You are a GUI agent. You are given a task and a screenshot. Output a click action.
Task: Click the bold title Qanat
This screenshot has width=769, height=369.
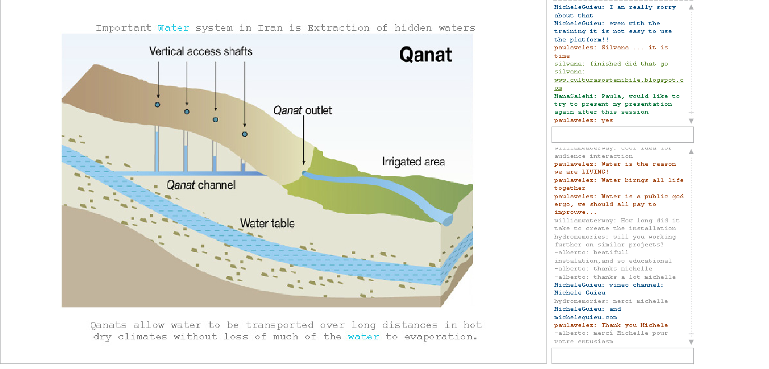pyautogui.click(x=425, y=54)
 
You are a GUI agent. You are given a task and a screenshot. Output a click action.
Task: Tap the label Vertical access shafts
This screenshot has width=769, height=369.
pyautogui.click(x=201, y=52)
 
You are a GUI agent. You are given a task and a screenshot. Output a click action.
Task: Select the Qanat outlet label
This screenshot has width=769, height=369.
pyautogui.click(x=303, y=110)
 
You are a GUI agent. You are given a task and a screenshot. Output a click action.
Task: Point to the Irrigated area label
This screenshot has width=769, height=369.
pyautogui.click(x=413, y=162)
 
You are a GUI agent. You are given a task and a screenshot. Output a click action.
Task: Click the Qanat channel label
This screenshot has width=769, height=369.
pyautogui.click(x=201, y=185)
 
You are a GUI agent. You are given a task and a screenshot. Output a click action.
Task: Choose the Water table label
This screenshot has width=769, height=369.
pyautogui.click(x=267, y=223)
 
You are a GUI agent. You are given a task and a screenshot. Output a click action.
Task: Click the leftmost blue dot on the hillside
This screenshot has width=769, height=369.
pyautogui.click(x=157, y=105)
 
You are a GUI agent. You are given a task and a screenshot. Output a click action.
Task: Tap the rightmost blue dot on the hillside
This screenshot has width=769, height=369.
pyautogui.click(x=244, y=134)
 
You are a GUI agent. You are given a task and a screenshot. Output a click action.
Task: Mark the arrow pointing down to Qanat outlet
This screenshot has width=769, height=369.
pyautogui.click(x=303, y=140)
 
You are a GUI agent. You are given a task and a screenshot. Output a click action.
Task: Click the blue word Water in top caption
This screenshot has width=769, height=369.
pyautogui.click(x=173, y=28)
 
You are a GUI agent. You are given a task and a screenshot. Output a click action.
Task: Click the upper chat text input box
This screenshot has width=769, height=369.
pyautogui.click(x=622, y=134)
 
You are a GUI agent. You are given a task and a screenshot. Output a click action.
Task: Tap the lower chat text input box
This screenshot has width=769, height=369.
pyautogui.click(x=622, y=356)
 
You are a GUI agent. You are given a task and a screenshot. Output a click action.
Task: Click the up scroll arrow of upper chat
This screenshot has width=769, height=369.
pyautogui.click(x=691, y=7)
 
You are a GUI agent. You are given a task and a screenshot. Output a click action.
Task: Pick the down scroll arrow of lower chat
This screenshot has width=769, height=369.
pyautogui.click(x=691, y=342)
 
